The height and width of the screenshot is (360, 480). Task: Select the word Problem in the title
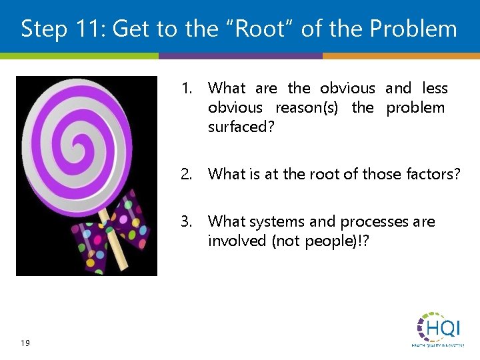pos(414,29)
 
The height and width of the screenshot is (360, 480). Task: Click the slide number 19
pos(25,343)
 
